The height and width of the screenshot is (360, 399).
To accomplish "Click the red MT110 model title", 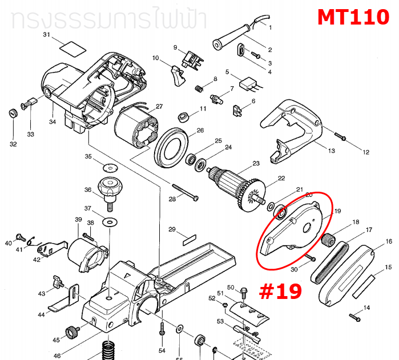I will (353, 17).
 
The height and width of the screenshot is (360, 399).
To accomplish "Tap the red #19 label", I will (280, 291).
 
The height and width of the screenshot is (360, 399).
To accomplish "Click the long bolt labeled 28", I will (183, 193).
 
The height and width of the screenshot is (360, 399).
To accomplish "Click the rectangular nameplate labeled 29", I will (189, 234).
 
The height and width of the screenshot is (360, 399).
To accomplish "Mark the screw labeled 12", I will (340, 136).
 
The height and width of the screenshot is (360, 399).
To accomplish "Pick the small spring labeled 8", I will (198, 90).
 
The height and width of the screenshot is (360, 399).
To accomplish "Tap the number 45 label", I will (56, 340).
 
